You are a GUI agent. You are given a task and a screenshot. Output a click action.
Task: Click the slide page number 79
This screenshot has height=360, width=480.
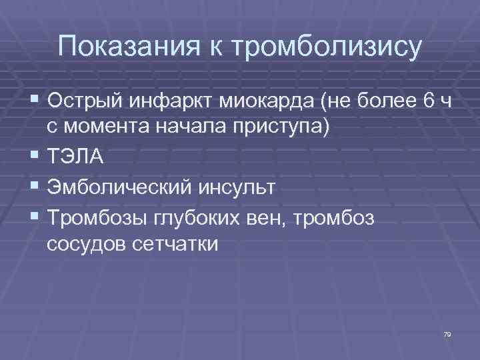coord(447,333)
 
